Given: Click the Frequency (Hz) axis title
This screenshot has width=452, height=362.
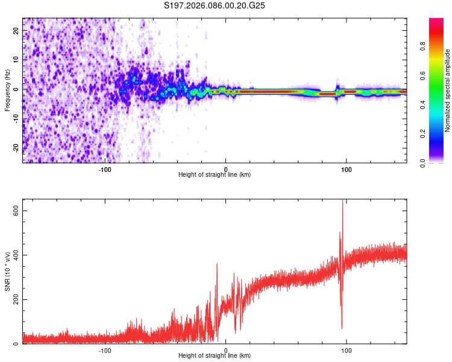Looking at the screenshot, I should (7, 91).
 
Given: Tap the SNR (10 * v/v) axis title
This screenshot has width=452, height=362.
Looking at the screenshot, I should (7, 271).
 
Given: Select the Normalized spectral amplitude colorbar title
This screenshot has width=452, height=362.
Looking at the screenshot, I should (448, 91).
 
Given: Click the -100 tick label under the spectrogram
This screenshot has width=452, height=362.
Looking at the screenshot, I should (105, 169).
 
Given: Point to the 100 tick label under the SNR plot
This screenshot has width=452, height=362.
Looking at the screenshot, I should (347, 351).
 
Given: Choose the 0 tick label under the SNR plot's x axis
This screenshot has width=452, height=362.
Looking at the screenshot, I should (226, 351).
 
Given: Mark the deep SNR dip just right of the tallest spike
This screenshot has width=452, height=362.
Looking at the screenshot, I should (342, 328).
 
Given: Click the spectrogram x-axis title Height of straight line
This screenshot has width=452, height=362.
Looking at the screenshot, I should (215, 174).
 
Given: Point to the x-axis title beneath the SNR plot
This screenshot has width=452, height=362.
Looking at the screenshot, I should (215, 356).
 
